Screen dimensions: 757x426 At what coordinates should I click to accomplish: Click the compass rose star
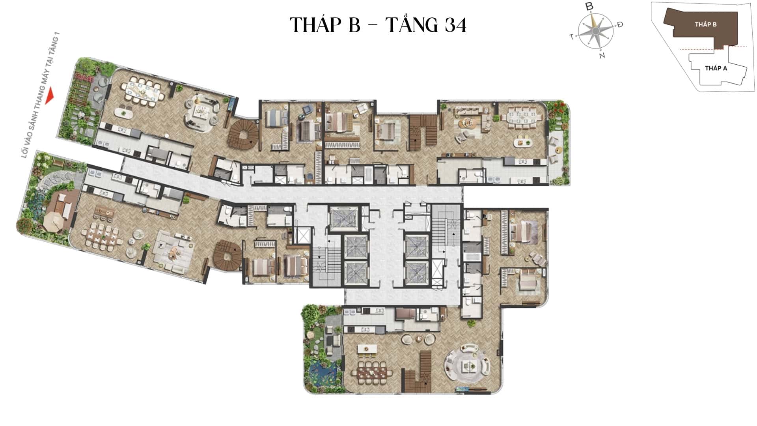(x=596, y=31)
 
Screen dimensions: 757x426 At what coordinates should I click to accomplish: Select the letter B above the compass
(x=589, y=6)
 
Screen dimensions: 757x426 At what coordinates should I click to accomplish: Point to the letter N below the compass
(x=602, y=56)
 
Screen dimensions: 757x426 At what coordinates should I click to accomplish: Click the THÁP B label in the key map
(x=706, y=24)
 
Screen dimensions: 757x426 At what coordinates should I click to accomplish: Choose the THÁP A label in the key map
(x=716, y=68)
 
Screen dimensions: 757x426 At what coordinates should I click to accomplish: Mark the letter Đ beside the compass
(x=620, y=24)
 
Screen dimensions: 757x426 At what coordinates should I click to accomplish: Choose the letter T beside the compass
(x=571, y=37)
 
